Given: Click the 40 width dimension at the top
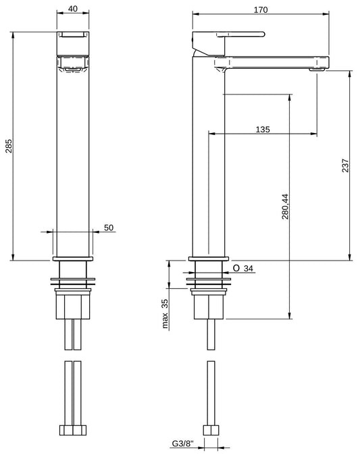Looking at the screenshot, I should (72, 10).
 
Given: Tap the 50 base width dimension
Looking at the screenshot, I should (108, 228).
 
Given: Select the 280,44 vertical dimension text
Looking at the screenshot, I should (285, 206).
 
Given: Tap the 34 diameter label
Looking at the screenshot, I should (248, 269).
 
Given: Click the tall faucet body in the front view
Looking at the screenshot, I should (72, 162).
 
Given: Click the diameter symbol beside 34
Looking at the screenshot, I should (236, 269).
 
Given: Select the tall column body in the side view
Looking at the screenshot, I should (209, 162).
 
